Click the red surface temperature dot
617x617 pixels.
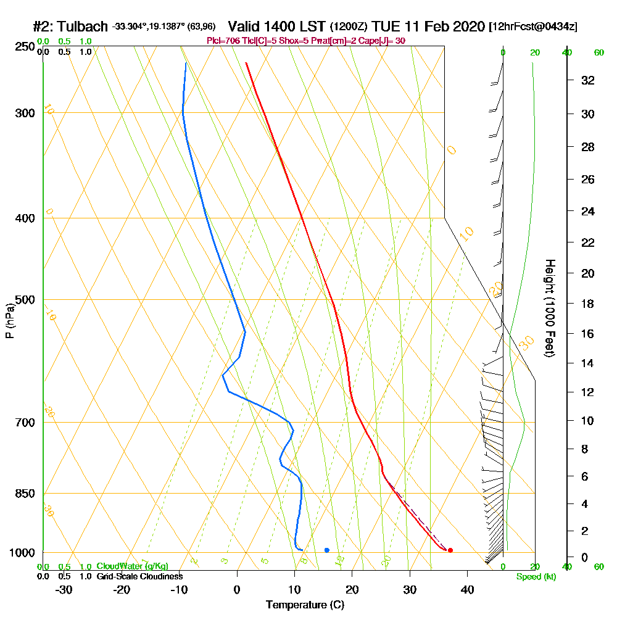point(450,550)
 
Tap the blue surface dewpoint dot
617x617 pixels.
point(326,550)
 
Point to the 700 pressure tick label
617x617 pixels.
point(23,423)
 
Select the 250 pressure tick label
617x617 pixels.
point(23,46)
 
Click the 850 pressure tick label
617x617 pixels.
point(23,494)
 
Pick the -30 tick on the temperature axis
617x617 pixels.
point(64,589)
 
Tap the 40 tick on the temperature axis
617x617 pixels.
point(467,589)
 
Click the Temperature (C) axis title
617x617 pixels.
point(305,605)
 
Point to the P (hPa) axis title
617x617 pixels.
point(9,321)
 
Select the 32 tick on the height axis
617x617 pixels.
point(588,80)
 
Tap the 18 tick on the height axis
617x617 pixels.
point(588,304)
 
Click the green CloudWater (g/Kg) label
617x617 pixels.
point(132,566)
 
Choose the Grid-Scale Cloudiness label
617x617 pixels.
point(139,576)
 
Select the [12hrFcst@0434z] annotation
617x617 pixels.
point(532,27)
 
